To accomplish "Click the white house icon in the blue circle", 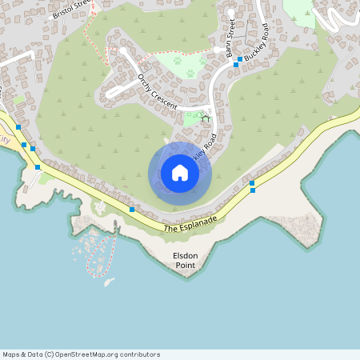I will tap(180, 173).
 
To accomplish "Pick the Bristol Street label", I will tap(73, 9).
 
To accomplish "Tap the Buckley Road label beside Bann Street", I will tap(258, 50).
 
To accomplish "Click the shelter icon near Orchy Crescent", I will tap(205, 118).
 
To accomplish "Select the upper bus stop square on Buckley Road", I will tap(240, 59).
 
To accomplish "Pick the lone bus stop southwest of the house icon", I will tap(131, 210).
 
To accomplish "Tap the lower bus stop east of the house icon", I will tap(253, 190).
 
